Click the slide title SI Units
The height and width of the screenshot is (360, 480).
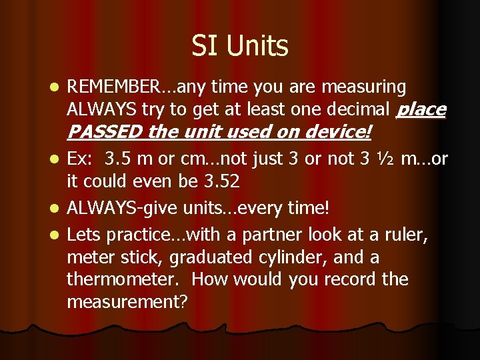point(240,46)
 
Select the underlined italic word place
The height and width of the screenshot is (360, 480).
point(421,109)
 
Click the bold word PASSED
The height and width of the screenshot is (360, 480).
point(105,132)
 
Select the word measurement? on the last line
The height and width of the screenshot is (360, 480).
point(127,301)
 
